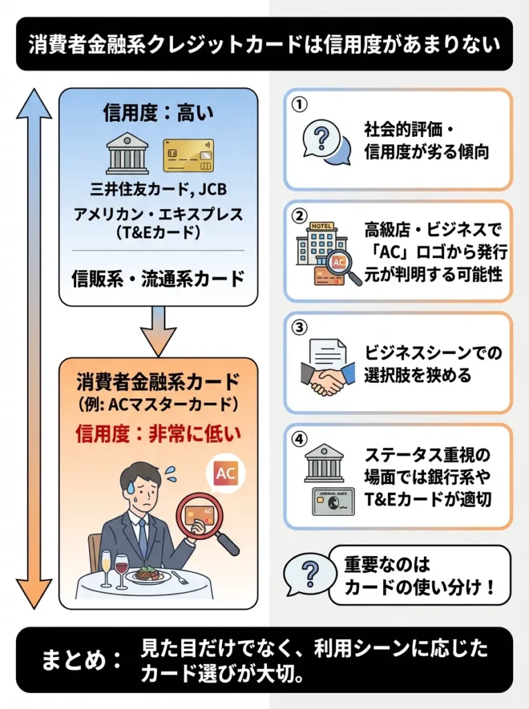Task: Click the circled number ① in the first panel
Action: pyautogui.click(x=299, y=104)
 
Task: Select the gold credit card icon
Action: pyautogui.click(x=188, y=155)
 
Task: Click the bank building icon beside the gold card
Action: pyautogui.click(x=127, y=154)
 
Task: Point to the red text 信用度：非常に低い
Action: pyautogui.click(x=158, y=434)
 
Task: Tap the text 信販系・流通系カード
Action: pyautogui.click(x=158, y=278)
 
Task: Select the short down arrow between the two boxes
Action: pyautogui.click(x=158, y=331)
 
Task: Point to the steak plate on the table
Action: pyautogui.click(x=149, y=574)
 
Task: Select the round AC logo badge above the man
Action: pyautogui.click(x=225, y=474)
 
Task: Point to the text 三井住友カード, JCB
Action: pyautogui.click(x=158, y=189)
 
